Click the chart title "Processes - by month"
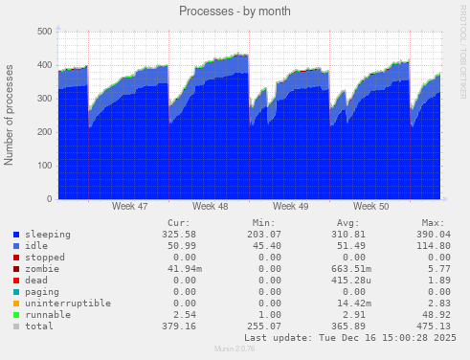pos(235,11)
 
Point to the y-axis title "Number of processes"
pos(10,115)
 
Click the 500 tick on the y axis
pos(44,32)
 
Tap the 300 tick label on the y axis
pos(44,99)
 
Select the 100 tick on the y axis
pos(44,166)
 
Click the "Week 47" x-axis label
pos(129,206)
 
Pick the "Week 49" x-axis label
pos(290,206)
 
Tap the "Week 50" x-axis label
pos(370,206)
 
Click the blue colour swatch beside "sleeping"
pos(16,235)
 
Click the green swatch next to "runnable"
pos(16,315)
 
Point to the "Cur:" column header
pos(179,222)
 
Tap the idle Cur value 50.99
pos(182,246)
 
